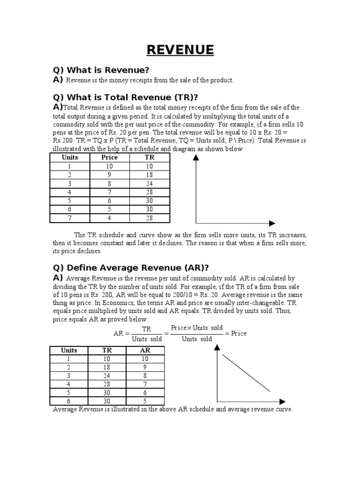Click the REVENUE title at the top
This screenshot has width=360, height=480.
pyautogui.click(x=180, y=50)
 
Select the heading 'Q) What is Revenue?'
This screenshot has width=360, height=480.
pyautogui.click(x=101, y=70)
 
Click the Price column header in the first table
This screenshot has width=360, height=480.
pyautogui.click(x=110, y=157)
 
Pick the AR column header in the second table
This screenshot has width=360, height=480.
pyautogui.click(x=145, y=350)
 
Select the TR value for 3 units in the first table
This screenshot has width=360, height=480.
pyautogui.click(x=150, y=184)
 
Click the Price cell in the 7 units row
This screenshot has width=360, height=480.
pyautogui.click(x=110, y=218)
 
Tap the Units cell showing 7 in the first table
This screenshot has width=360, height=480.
pyautogui.click(x=70, y=218)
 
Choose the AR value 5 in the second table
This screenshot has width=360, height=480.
pyautogui.click(x=145, y=401)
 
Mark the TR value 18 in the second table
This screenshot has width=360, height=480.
pyautogui.click(x=107, y=367)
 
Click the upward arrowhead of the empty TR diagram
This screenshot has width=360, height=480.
pyautogui.click(x=196, y=158)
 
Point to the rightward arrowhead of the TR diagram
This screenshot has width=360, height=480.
pyautogui.click(x=272, y=223)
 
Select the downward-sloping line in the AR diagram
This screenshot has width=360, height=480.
pyautogui.click(x=246, y=373)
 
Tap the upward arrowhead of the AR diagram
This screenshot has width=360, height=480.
pyautogui.click(x=217, y=347)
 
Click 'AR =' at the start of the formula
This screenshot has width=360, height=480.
pyautogui.click(x=121, y=334)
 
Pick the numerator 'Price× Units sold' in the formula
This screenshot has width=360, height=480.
pyautogui.click(x=197, y=328)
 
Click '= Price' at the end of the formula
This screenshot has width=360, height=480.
pyautogui.click(x=236, y=333)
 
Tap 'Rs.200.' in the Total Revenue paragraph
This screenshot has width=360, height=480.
pyautogui.click(x=64, y=140)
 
